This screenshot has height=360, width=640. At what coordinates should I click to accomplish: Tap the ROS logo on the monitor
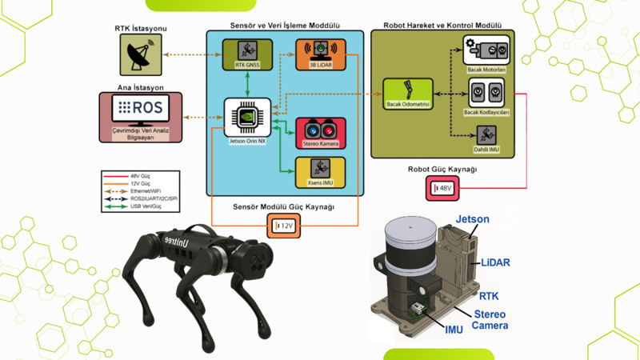point(141,107)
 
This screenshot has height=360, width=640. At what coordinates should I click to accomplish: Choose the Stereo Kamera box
point(321,132)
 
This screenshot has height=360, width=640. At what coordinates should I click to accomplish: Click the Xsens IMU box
point(321,171)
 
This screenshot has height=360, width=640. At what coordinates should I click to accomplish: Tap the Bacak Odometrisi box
point(408,94)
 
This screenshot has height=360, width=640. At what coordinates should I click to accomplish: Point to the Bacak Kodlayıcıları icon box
point(486,96)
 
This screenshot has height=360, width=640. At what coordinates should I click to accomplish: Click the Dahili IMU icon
point(486,138)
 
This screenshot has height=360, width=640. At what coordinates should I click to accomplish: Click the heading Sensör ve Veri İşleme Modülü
point(284,26)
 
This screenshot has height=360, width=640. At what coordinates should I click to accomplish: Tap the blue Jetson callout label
point(472,219)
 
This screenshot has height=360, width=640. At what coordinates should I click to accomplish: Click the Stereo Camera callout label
point(490,320)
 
